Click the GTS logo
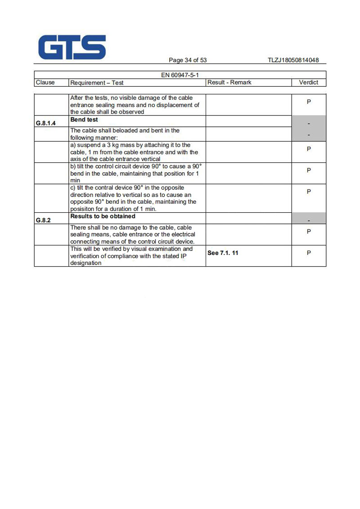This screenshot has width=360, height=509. [72, 48]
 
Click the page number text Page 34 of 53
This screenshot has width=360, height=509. [188, 60]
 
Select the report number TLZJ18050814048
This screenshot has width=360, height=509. [293, 60]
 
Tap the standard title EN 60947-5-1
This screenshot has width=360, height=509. [180, 75]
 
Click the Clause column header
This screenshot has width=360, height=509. [45, 82]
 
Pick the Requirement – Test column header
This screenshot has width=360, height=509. [97, 83]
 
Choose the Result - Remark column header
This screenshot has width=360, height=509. [229, 82]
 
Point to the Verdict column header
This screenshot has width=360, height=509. [309, 82]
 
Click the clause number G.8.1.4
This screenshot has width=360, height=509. [45, 123]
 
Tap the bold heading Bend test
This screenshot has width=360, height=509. [84, 120]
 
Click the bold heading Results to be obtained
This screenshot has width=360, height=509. [103, 216]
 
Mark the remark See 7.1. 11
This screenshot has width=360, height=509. [223, 253]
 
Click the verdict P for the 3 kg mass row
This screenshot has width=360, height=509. [309, 149]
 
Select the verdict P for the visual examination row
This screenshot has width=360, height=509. [309, 253]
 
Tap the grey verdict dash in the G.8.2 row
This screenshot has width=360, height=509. [309, 220]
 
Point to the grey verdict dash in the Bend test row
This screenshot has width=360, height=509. [309, 123]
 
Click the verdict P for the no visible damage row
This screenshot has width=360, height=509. [309, 102]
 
